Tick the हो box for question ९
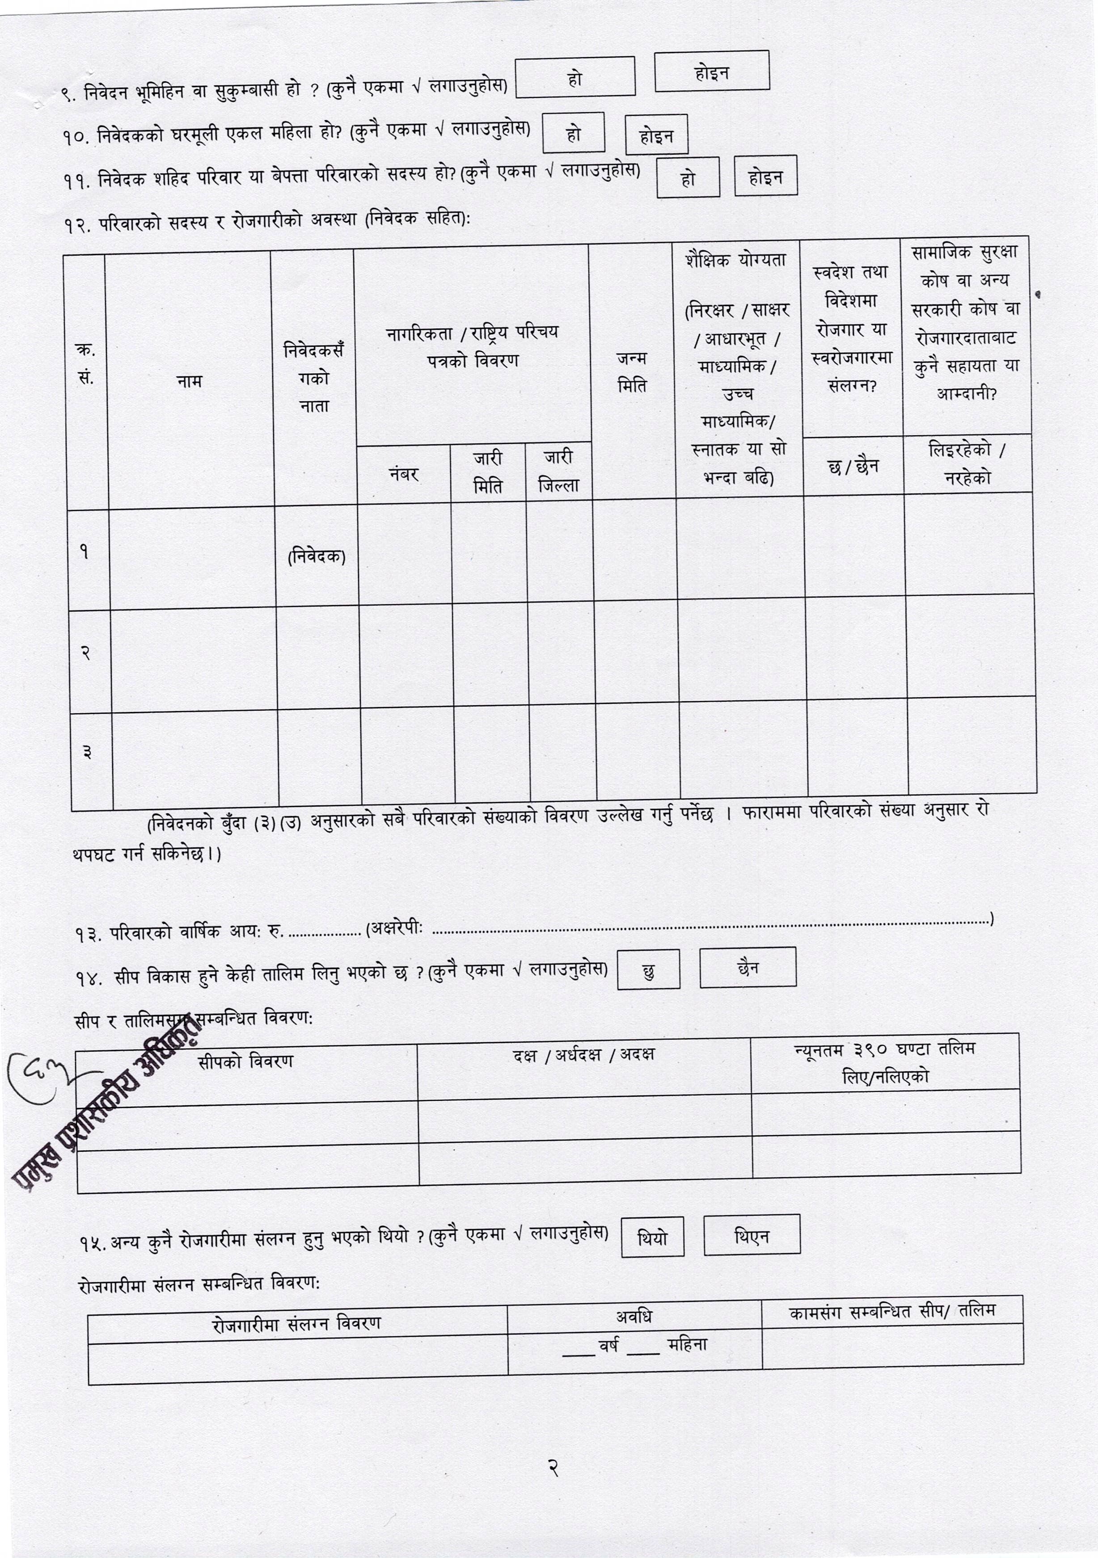(575, 77)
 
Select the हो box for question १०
(574, 132)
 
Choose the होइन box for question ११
(765, 177)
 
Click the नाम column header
(190, 381)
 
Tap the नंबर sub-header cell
(403, 474)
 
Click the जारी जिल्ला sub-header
(558, 472)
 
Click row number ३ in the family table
(88, 752)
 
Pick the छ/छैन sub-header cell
(853, 466)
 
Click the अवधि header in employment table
(634, 1317)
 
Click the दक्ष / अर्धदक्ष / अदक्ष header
(583, 1055)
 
